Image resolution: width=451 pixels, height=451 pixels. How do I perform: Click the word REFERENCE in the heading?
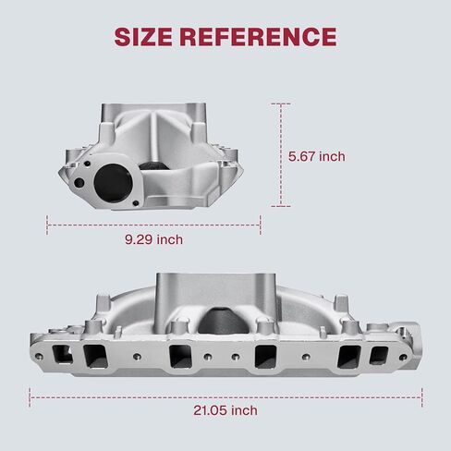(258, 37)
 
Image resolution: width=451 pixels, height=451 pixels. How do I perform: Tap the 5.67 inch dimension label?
(317, 156)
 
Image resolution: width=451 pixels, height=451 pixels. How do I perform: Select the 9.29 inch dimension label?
(153, 239)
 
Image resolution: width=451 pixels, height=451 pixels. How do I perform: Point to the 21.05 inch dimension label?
(225, 410)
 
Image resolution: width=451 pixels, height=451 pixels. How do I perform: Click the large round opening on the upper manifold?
(113, 183)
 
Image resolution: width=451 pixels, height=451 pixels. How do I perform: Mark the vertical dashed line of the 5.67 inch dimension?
(281, 155)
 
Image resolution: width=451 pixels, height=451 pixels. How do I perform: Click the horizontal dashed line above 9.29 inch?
(153, 225)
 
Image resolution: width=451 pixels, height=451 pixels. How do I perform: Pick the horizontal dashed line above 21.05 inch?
(225, 397)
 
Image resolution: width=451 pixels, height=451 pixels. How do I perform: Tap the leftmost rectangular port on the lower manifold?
(62, 355)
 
